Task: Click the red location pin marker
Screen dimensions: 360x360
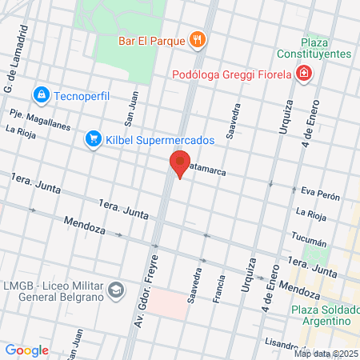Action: (180, 164)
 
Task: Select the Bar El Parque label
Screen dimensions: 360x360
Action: (151, 39)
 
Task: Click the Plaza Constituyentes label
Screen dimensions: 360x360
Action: (326, 47)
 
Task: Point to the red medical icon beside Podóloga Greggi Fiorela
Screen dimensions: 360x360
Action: (303, 75)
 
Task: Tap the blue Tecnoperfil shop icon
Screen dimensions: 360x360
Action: (41, 96)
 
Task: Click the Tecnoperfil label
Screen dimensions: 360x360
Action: (82, 97)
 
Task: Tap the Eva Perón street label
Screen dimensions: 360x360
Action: (320, 196)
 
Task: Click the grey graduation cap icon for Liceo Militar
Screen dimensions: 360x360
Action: (115, 289)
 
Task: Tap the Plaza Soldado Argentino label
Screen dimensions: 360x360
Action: (322, 314)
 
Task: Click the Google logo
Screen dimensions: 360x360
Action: (26, 350)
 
